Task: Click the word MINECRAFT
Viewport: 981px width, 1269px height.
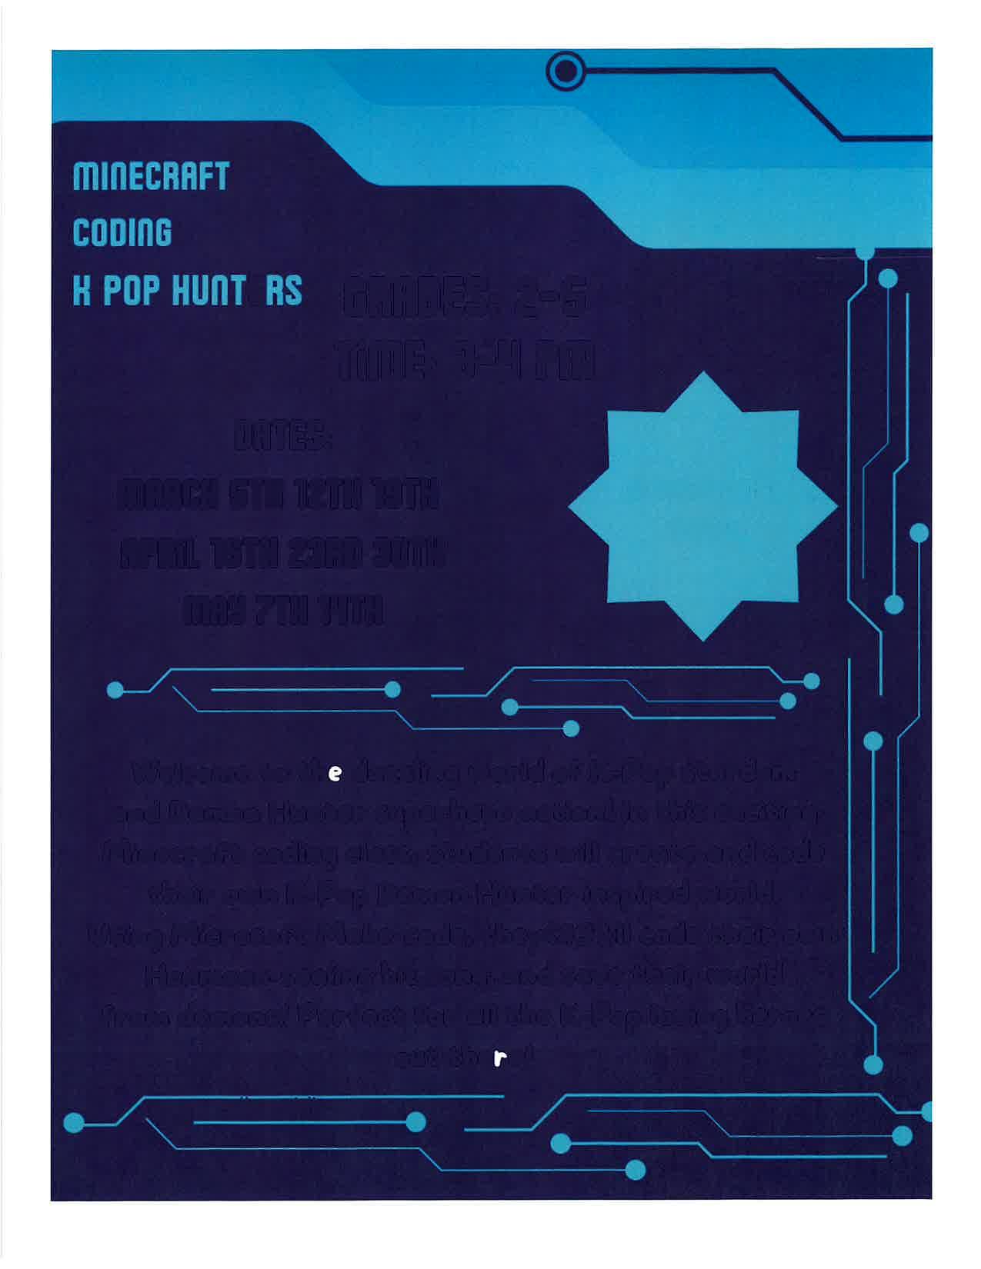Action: [151, 176]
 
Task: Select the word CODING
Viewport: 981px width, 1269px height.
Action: [122, 232]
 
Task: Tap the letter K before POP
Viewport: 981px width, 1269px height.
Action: [81, 290]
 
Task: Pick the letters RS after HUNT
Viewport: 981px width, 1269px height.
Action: [283, 290]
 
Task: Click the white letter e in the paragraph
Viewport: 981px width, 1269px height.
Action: [334, 773]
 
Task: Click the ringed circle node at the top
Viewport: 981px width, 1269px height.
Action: [566, 71]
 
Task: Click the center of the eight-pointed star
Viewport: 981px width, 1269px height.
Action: [702, 506]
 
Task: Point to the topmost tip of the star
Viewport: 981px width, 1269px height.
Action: [702, 374]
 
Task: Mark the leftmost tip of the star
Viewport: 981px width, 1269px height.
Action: [570, 506]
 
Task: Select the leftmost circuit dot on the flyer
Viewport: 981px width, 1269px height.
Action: [74, 1122]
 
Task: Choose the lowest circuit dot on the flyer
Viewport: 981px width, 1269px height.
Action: [636, 1170]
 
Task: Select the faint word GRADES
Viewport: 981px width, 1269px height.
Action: [415, 300]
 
